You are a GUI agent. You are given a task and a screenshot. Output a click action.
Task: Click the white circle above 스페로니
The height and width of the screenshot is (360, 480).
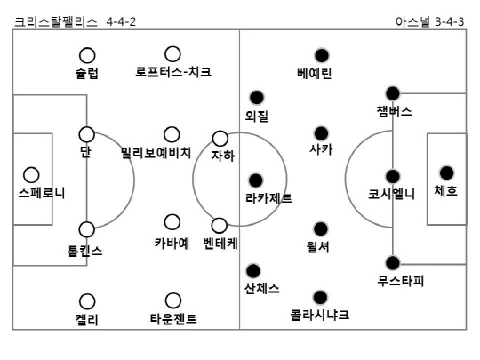coord(31,175)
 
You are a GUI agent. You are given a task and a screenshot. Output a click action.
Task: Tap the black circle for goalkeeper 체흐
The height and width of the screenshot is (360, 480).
coord(446,173)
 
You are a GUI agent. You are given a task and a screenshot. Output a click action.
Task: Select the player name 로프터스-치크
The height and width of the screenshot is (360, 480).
coord(173,72)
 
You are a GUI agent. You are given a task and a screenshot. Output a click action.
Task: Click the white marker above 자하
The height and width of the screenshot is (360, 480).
coord(220,139)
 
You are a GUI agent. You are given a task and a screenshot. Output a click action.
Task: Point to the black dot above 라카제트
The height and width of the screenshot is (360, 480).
coord(256,180)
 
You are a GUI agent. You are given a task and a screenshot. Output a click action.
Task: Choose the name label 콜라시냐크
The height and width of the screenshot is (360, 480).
coord(320,315)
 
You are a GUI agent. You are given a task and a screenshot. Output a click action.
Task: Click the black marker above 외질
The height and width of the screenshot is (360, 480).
coord(257,98)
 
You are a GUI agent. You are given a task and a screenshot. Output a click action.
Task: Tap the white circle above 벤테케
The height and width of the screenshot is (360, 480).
coord(220,226)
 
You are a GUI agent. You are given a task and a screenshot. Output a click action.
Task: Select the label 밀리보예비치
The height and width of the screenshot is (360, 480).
coord(156,153)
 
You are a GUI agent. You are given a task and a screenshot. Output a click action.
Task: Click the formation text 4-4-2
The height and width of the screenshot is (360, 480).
coord(121,22)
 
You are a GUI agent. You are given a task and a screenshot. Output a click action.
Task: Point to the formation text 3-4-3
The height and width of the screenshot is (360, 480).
coord(450,22)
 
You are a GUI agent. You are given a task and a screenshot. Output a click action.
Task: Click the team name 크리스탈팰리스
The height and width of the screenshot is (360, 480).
coord(56,22)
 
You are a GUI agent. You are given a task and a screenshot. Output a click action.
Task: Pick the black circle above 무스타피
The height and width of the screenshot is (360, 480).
coord(393,263)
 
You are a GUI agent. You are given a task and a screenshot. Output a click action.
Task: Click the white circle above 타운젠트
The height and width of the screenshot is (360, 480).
coord(173,300)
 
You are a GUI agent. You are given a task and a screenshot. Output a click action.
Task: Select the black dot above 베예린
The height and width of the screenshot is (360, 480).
coord(322,55)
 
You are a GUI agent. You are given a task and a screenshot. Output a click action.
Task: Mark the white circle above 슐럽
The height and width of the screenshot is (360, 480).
coord(87,55)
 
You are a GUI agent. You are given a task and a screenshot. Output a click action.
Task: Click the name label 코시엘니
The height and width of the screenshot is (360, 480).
coord(391,194)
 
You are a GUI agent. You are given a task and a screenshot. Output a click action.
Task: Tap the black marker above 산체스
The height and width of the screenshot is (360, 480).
coord(252,270)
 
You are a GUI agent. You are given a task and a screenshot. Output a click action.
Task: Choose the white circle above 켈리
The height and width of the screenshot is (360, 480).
coord(87,302)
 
